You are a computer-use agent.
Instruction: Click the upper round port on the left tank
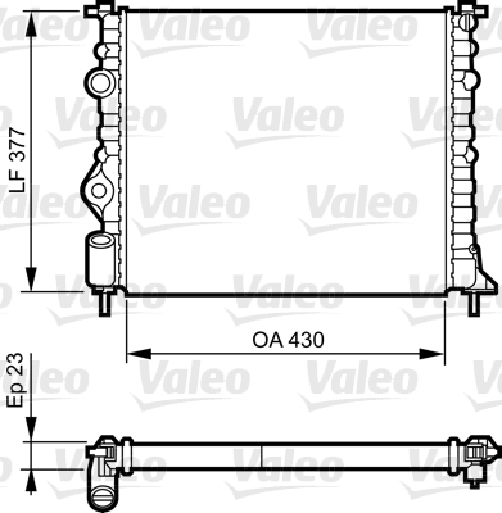coord(100,81)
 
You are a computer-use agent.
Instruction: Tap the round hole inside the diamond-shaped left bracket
coord(99,190)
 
